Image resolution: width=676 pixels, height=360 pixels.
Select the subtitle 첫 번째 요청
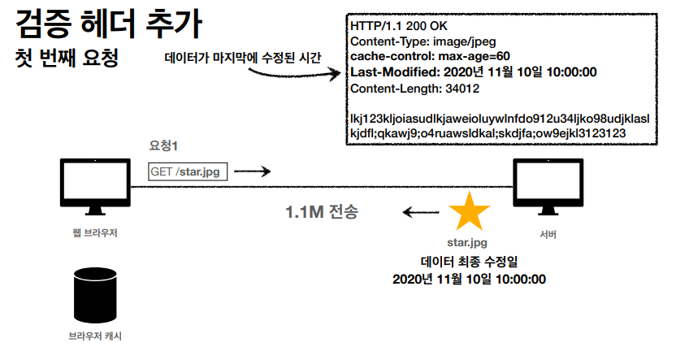pos(74,59)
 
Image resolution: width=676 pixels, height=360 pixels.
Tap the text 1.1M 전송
pos(321,213)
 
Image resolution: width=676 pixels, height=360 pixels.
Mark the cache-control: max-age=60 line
pos(430,56)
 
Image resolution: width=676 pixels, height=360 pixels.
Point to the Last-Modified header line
pos(474,72)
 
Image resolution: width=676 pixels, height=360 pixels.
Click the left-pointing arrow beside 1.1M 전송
pos(419,214)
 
